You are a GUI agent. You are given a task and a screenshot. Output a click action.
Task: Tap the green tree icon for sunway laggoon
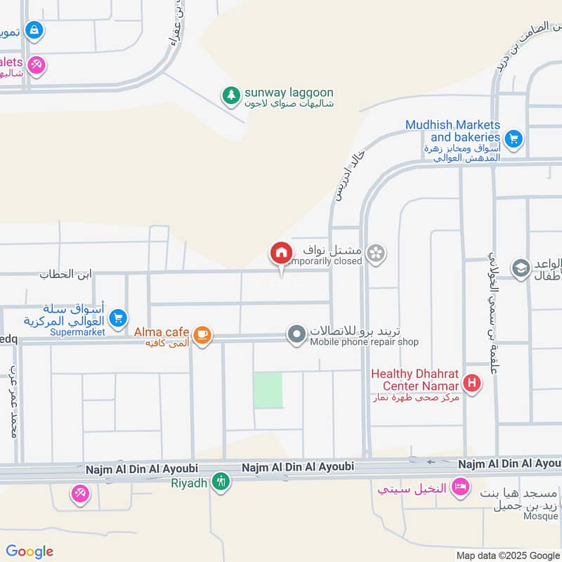pyautogui.click(x=230, y=93)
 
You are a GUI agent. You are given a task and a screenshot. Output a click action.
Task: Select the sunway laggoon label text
pyautogui.click(x=288, y=93)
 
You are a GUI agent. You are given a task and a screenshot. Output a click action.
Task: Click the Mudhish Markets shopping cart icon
pyautogui.click(x=514, y=138)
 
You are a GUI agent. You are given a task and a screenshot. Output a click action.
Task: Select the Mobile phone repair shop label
pyautogui.click(x=364, y=342)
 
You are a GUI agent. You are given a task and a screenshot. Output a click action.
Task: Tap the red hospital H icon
pyautogui.click(x=473, y=384)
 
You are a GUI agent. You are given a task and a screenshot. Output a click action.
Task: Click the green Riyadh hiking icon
pyautogui.click(x=221, y=482)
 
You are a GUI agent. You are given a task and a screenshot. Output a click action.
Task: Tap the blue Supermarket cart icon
pyautogui.click(x=118, y=318)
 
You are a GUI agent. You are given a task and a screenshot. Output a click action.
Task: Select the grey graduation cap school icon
pyautogui.click(x=521, y=268)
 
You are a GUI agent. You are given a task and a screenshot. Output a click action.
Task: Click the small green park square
pyautogui.click(x=268, y=391)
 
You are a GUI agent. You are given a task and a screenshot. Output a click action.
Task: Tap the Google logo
pyautogui.click(x=30, y=551)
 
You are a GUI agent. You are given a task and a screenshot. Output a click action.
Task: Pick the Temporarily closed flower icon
pyautogui.click(x=376, y=252)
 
